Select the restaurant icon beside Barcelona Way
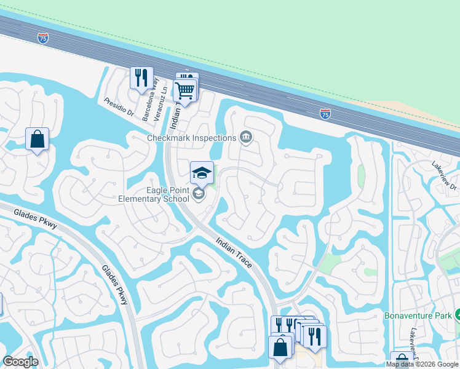141,78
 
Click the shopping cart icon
185,90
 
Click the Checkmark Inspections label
192,138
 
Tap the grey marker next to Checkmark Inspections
246,137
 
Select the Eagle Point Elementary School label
154,194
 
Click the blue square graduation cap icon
202,173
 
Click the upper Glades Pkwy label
36,218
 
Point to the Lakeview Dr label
444,177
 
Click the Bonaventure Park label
418,315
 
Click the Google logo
20,362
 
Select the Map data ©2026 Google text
422,364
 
